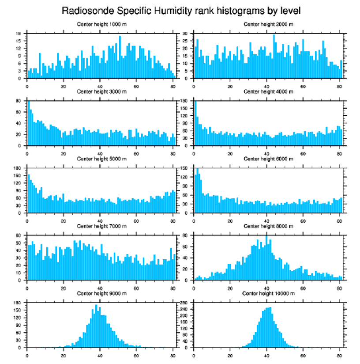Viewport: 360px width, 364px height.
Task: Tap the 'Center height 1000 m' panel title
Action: pos(101,24)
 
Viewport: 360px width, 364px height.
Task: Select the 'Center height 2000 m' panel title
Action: pos(268,24)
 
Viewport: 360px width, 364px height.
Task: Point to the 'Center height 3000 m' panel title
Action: pos(101,92)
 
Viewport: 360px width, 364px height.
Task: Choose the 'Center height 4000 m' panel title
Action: pos(268,92)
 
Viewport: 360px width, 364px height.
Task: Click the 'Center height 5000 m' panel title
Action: pos(101,159)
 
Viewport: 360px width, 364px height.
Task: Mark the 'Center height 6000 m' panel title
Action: pos(268,159)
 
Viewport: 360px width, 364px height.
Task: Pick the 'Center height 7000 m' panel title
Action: pos(101,226)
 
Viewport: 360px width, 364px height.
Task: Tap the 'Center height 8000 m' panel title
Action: pos(268,226)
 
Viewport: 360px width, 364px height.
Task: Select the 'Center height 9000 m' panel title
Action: pos(101,293)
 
